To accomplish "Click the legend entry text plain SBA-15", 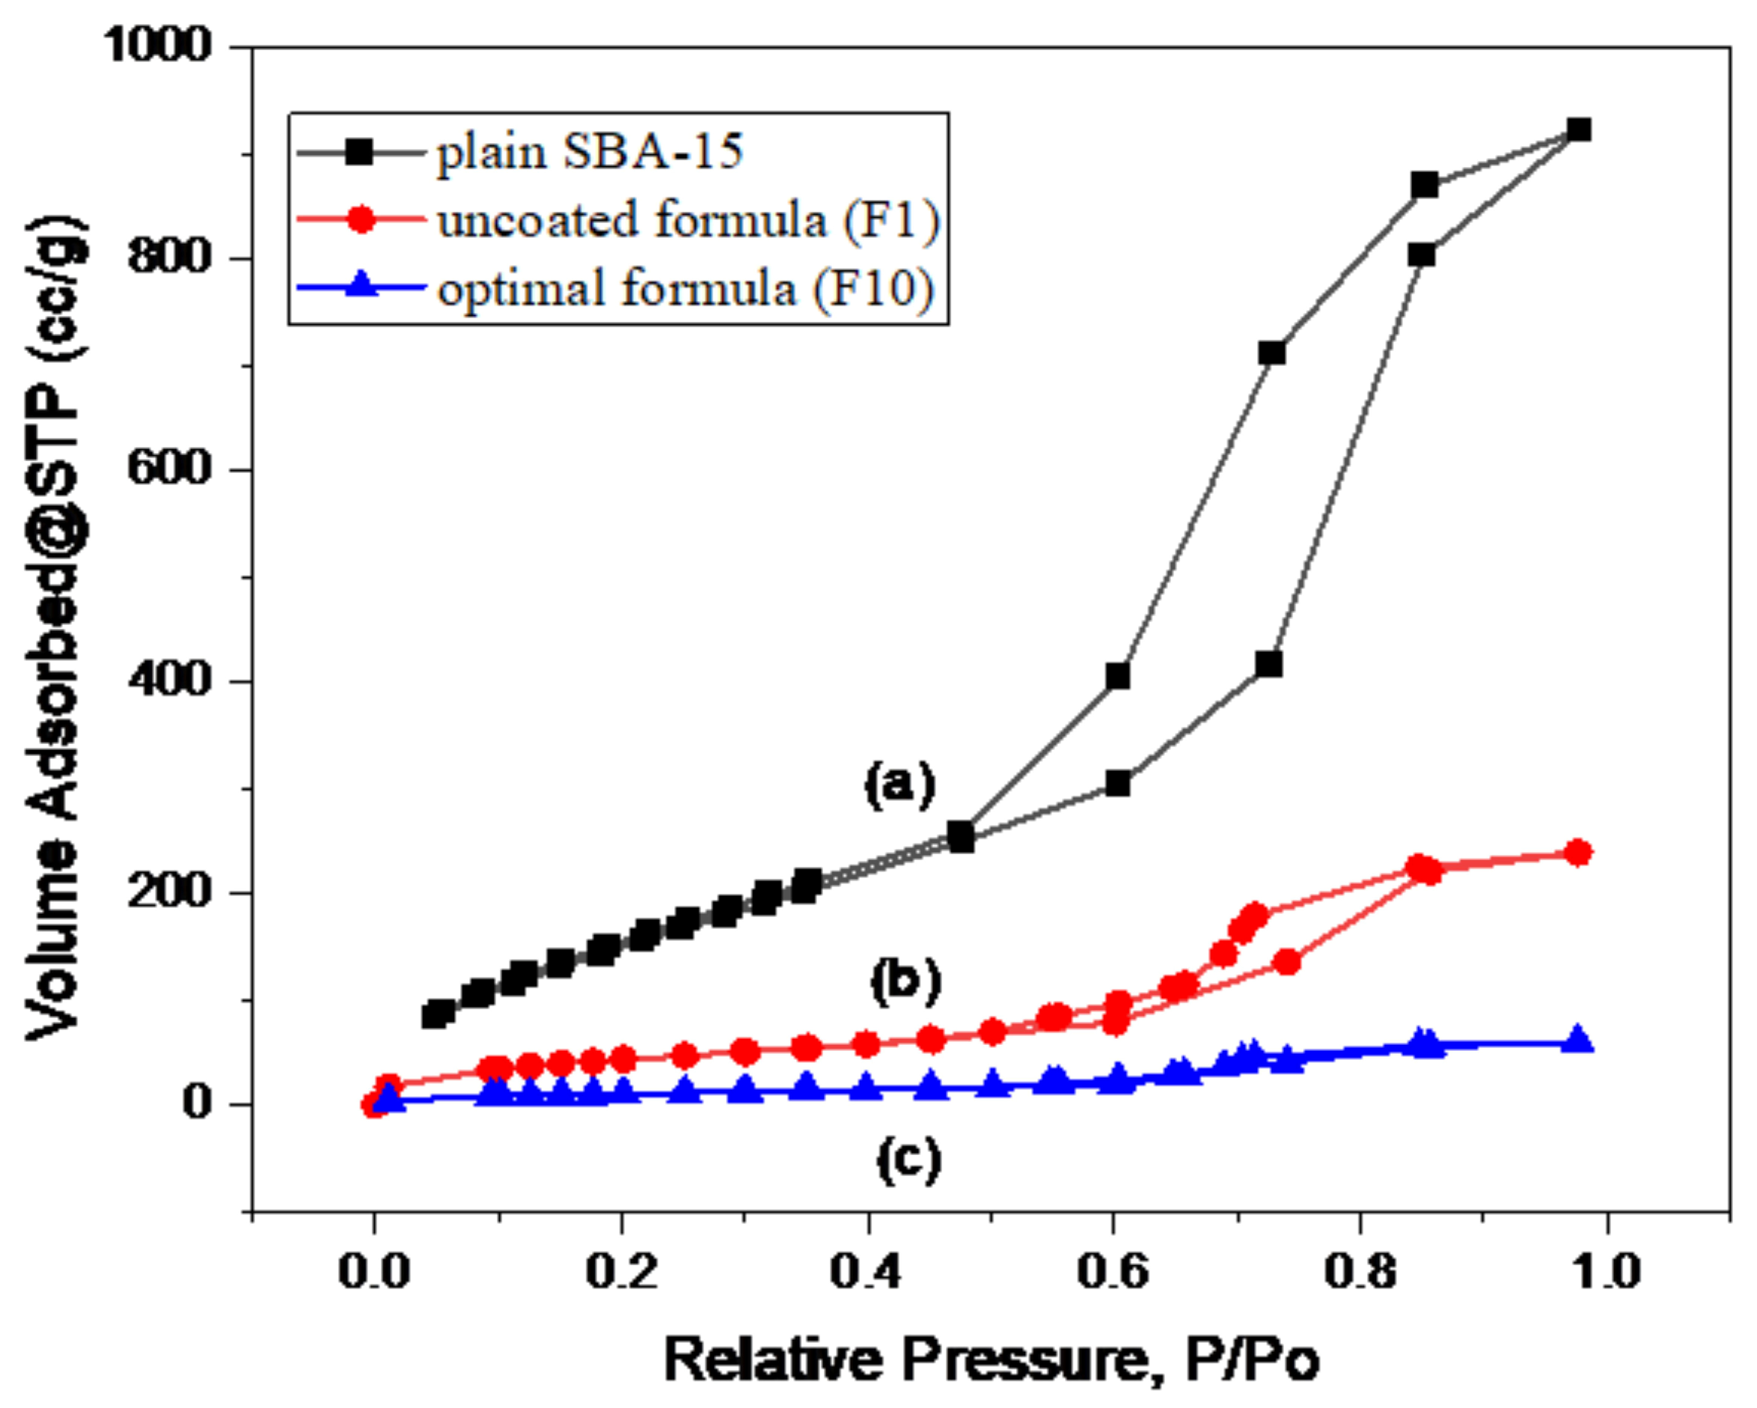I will [589, 152].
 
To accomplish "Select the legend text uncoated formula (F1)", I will [688, 220].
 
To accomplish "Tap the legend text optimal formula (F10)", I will [685, 289].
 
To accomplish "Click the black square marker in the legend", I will [359, 152].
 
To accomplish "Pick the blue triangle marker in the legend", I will [361, 287].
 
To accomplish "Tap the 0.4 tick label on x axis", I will [866, 1271].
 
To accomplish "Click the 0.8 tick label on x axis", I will [1360, 1271].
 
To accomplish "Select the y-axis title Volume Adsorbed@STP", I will [55, 628].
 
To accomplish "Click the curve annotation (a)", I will [899, 785].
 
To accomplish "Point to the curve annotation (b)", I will [905, 980].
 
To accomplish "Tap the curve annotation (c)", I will [908, 1159].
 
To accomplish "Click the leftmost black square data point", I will [437, 1014].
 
